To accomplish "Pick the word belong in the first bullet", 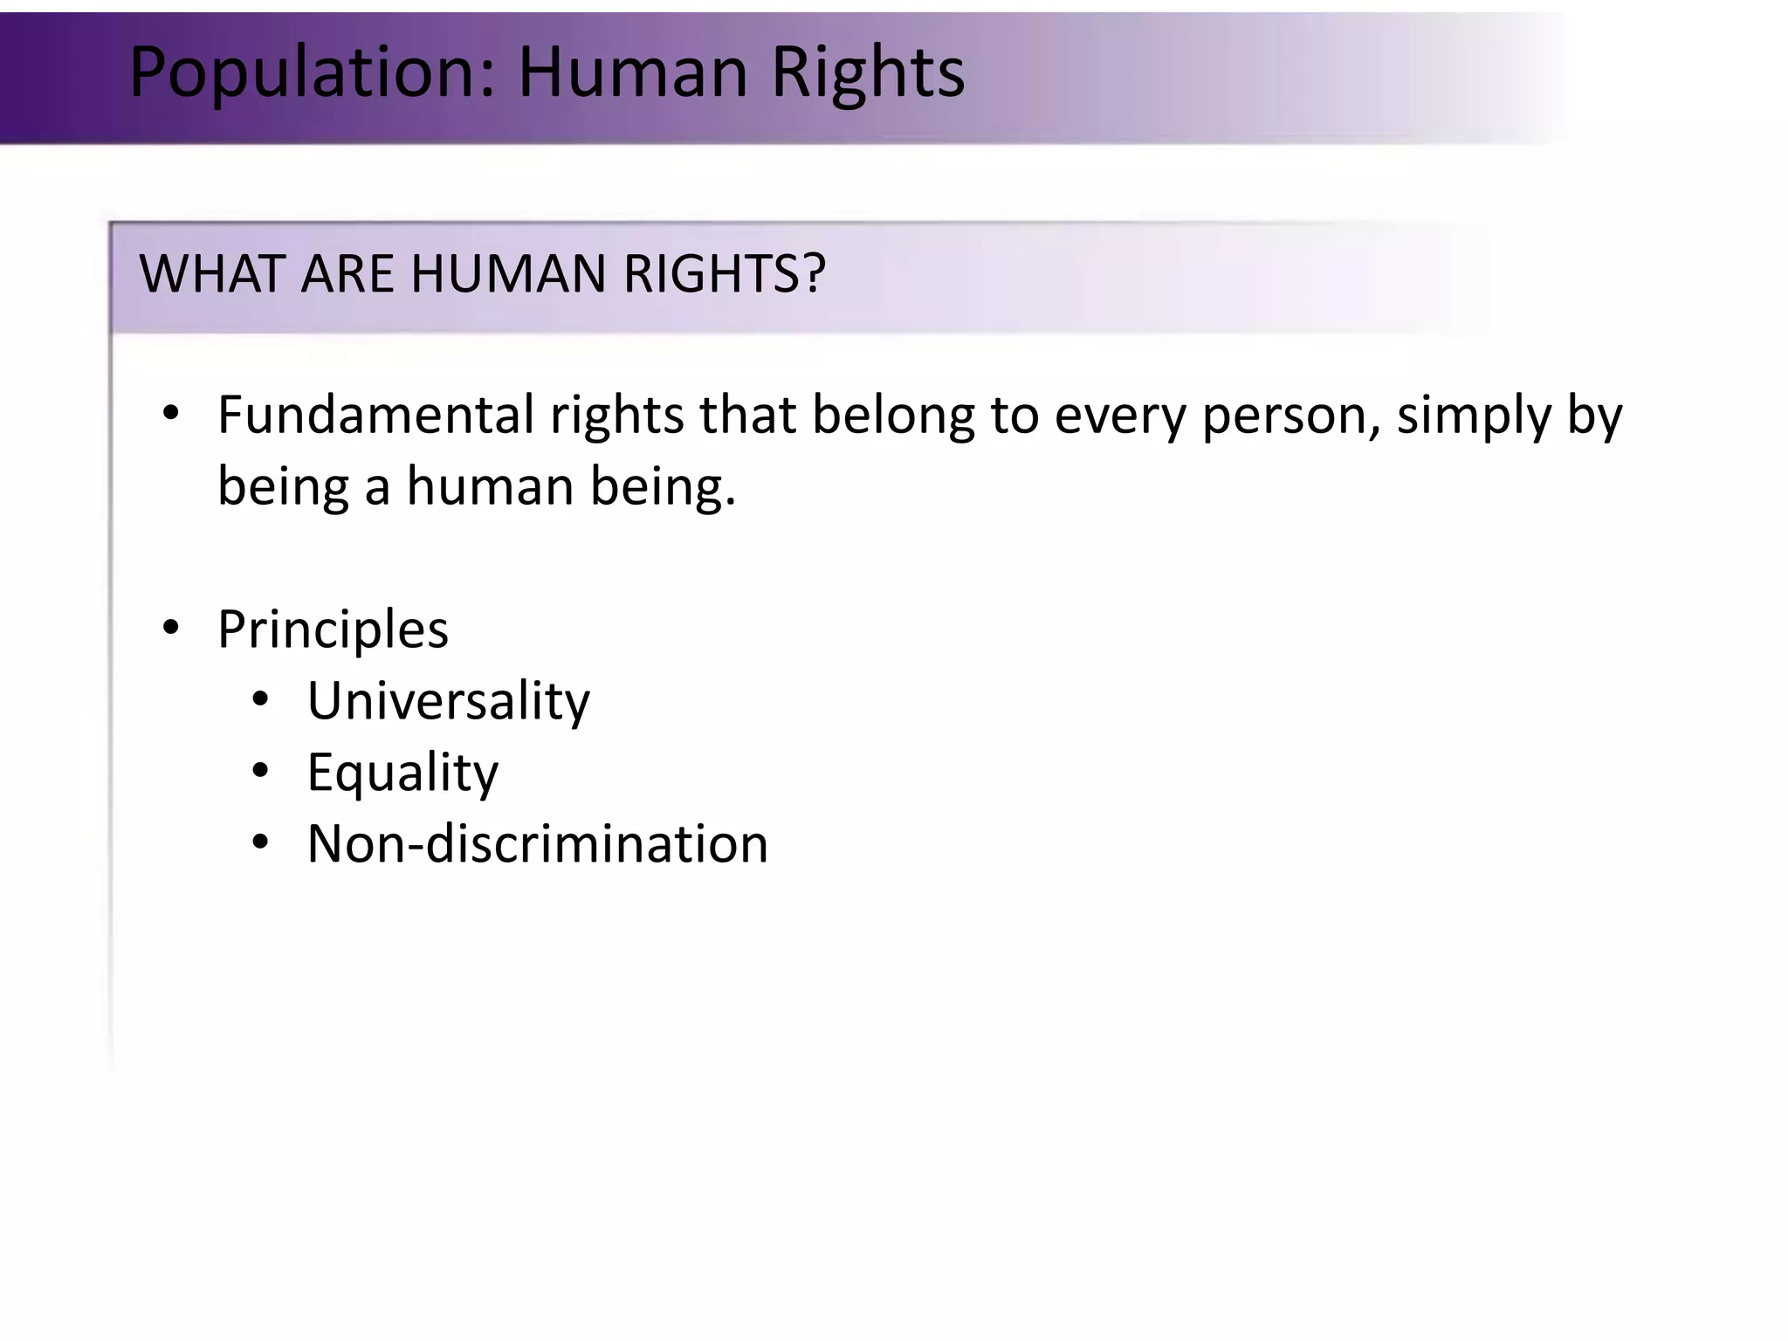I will pyautogui.click(x=892, y=416).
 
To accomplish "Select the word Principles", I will pyautogui.click(x=333, y=629).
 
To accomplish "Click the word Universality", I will pyautogui.click(x=448, y=701).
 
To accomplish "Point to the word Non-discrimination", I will pyautogui.click(x=537, y=843).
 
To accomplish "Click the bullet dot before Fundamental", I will pyautogui.click(x=171, y=413).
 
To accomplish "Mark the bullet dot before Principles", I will pyautogui.click(x=171, y=628).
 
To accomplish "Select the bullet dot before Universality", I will pyautogui.click(x=260, y=699).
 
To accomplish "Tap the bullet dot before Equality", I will pyautogui.click(x=260, y=771).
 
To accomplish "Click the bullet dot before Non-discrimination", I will pyautogui.click(x=260, y=842).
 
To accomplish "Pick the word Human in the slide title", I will pyautogui.click(x=633, y=72).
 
